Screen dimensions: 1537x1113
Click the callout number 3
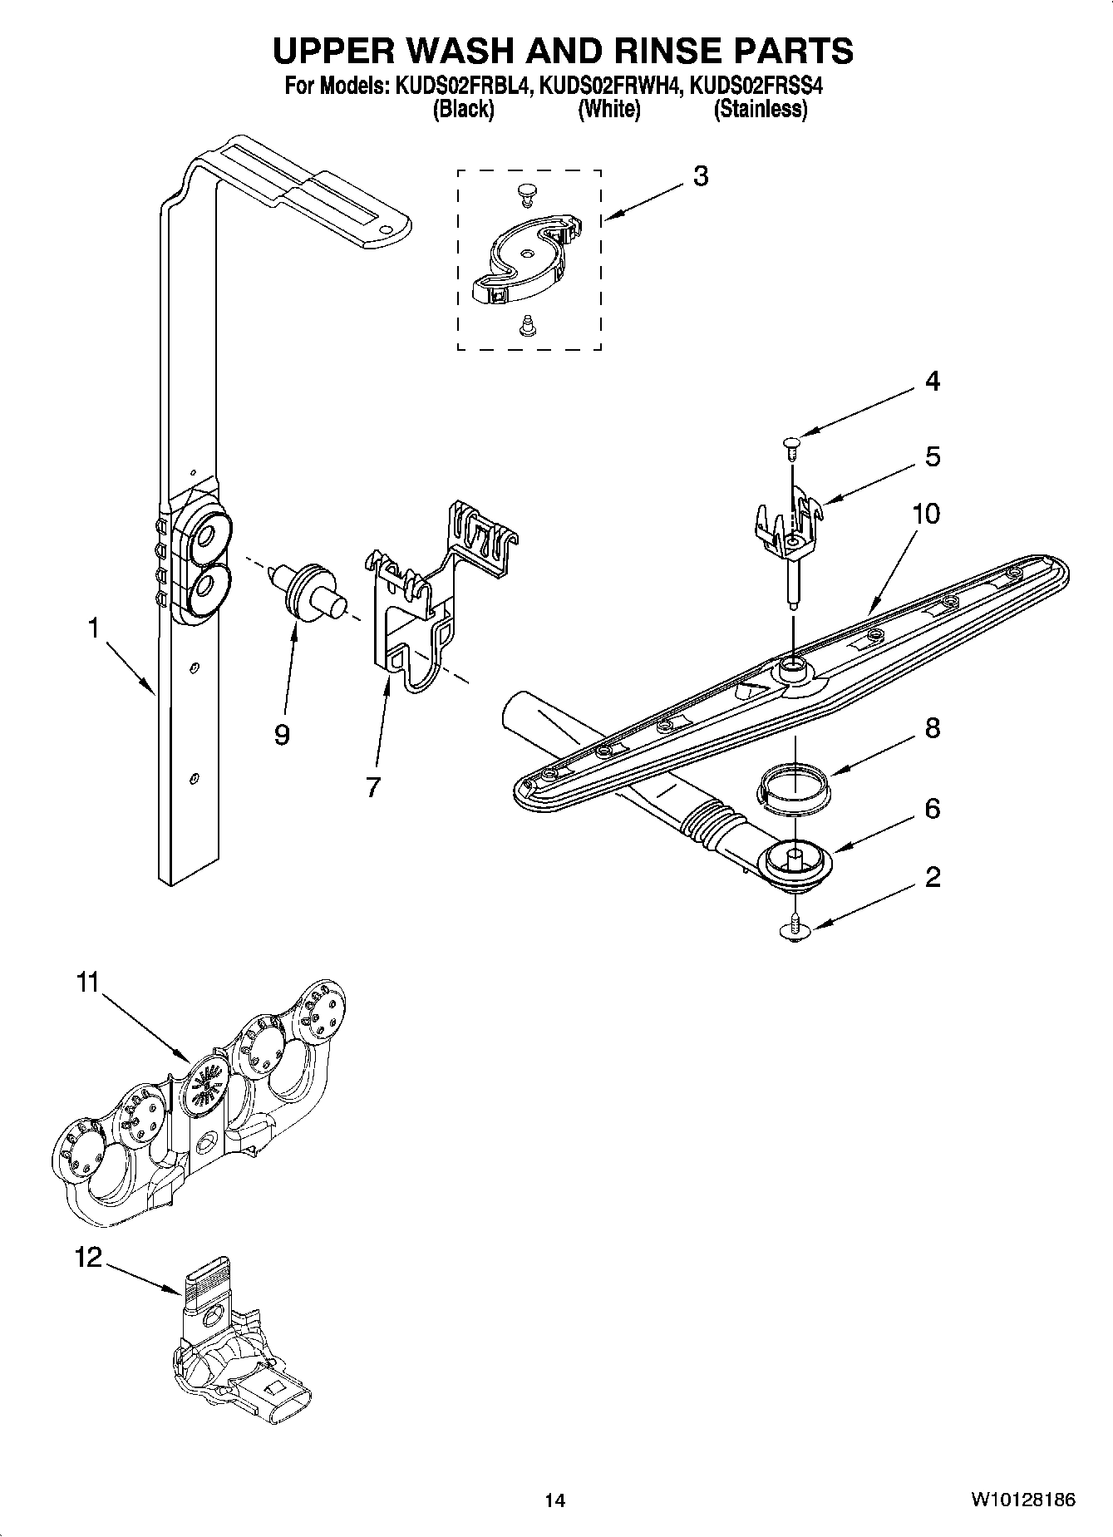(701, 176)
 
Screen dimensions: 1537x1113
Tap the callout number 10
(925, 514)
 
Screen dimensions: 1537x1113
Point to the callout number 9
(282, 734)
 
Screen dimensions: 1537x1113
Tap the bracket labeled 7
(416, 615)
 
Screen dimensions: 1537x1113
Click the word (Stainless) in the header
(760, 109)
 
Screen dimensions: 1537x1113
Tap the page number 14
(554, 1500)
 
